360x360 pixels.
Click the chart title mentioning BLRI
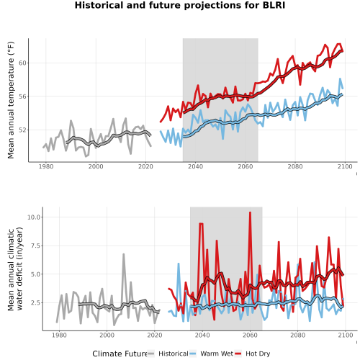180,5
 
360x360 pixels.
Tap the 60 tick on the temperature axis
22,63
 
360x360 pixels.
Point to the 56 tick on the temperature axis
22,96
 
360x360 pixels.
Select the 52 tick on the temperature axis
22,130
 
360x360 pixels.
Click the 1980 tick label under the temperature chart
46,166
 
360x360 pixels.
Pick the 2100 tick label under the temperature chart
345,166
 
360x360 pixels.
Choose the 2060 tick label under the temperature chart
246,166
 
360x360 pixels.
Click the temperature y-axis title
11,100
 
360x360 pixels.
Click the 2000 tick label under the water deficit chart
107,335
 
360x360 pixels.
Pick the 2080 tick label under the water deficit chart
297,335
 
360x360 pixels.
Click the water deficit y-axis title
15,269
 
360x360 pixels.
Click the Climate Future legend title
120,354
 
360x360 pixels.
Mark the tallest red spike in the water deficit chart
250,212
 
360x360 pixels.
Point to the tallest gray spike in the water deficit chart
124,254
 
